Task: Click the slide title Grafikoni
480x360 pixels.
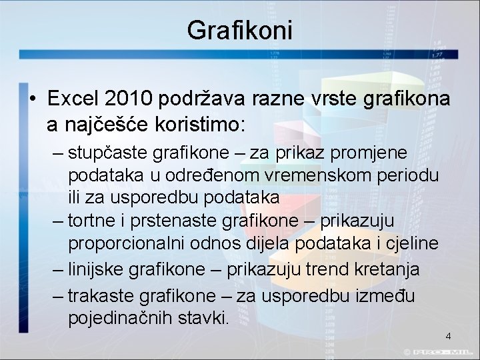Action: click(x=240, y=30)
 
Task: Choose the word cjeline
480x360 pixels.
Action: click(x=410, y=243)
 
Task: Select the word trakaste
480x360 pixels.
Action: click(x=103, y=295)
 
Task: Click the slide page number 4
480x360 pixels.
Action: click(x=448, y=336)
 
